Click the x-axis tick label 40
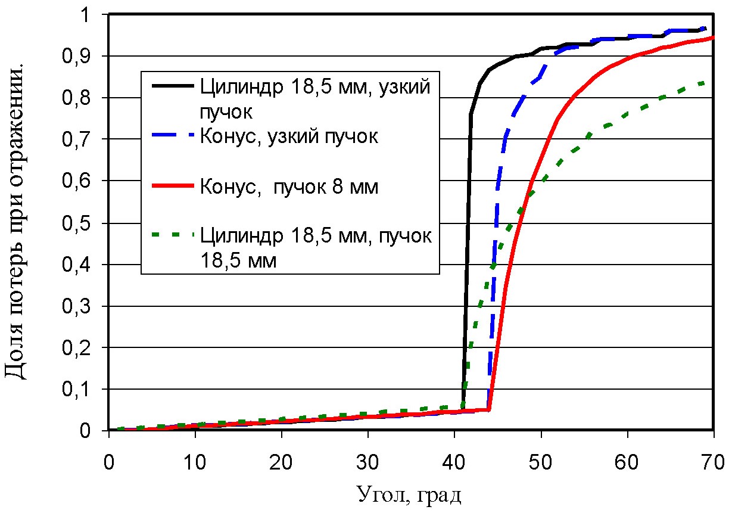coord(454,462)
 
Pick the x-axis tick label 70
coord(713,462)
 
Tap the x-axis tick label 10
coord(195,462)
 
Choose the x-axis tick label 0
coord(109,462)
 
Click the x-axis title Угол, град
coord(409,494)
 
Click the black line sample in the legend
coord(173,86)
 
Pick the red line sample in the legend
coord(173,187)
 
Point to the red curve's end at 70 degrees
coord(713,38)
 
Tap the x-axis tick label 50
coord(541,462)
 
